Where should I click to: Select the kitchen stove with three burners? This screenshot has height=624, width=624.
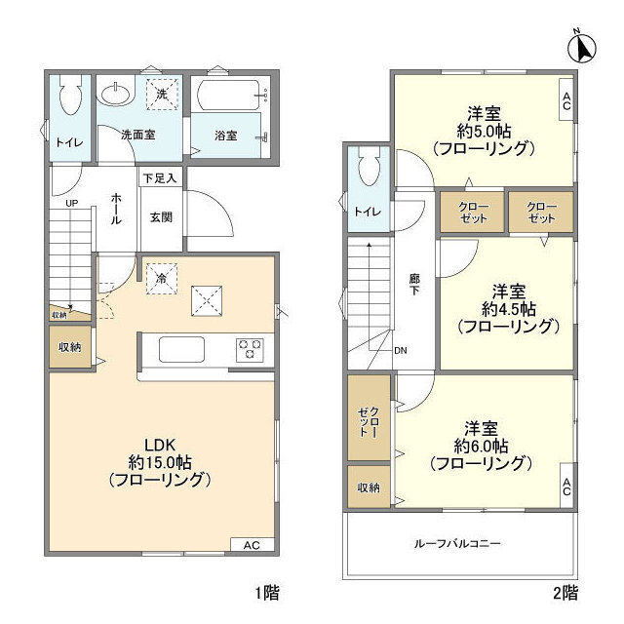pyautogui.click(x=250, y=348)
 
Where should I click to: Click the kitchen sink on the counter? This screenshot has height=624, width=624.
pyautogui.click(x=182, y=349)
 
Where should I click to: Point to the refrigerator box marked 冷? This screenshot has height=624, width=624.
pyautogui.click(x=160, y=278)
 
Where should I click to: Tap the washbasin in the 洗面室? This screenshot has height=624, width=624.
pyautogui.click(x=115, y=96)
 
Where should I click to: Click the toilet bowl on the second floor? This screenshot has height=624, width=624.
pyautogui.click(x=368, y=172)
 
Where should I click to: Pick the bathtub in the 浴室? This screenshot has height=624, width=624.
pyautogui.click(x=231, y=95)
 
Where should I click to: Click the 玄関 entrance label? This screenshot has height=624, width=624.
pyautogui.click(x=161, y=217)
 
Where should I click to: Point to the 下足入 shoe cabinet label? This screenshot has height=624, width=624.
pyautogui.click(x=160, y=178)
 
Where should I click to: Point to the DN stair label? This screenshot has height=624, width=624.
pyautogui.click(x=401, y=351)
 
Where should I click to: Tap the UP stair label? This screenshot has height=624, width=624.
pyautogui.click(x=72, y=204)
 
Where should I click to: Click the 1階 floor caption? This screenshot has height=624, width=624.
pyautogui.click(x=269, y=592)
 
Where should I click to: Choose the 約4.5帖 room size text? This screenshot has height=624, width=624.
pyautogui.click(x=508, y=309)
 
